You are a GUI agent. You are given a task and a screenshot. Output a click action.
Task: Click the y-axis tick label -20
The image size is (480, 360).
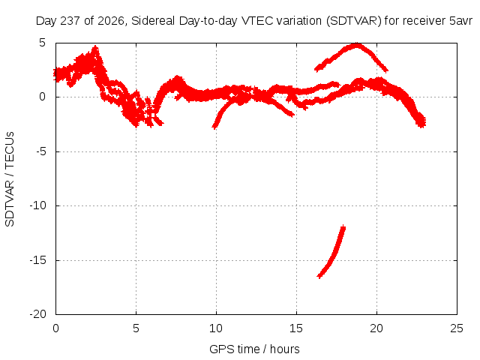tap(37, 314)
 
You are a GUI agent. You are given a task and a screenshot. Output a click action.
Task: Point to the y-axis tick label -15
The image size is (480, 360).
tap(37, 260)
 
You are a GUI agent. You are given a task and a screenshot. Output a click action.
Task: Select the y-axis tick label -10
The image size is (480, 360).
tap(37, 205)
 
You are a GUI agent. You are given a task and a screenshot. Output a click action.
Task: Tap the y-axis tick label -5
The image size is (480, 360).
tap(40, 151)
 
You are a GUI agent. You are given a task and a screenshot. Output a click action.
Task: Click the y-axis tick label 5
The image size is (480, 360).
tap(42, 43)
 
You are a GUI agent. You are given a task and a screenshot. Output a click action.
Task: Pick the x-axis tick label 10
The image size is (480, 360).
tap(216, 328)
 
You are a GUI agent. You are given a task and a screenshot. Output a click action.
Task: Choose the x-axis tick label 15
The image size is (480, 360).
tap(296, 328)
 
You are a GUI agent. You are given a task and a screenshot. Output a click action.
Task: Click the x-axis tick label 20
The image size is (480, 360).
tap(376, 328)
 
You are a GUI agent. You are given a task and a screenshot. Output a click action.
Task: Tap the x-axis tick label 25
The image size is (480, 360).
tap(457, 328)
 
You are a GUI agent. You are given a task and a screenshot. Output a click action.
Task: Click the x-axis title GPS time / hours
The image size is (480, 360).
tap(254, 349)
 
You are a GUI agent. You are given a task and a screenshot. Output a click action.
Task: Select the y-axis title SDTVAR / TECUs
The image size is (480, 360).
tap(10, 179)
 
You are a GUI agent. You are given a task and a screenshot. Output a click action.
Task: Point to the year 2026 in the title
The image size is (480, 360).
tap(111, 21)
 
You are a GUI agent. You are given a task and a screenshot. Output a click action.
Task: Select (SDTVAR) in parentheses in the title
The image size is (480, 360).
tap(353, 21)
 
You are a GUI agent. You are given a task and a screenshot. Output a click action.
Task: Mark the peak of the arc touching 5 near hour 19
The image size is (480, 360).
tap(357, 45)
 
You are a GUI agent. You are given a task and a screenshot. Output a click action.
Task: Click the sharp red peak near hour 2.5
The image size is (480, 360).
tap(96, 46)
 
